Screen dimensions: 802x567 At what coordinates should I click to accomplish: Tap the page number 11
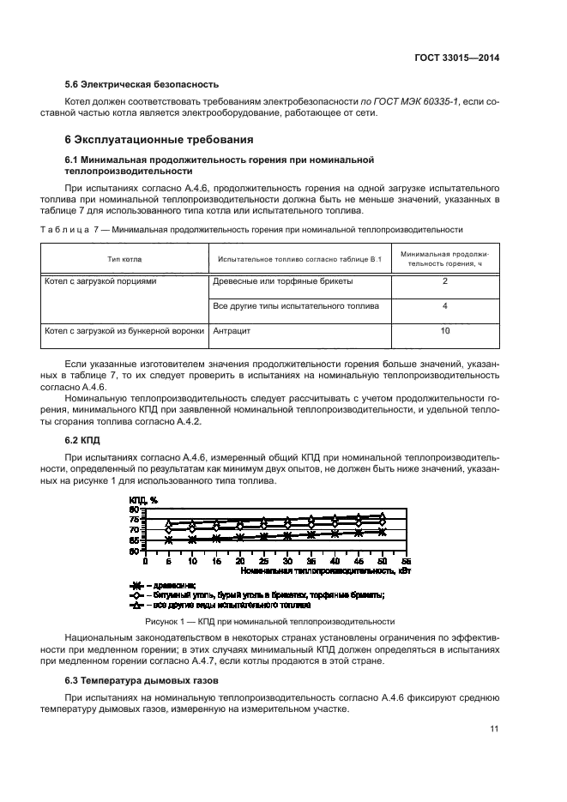coord(494,729)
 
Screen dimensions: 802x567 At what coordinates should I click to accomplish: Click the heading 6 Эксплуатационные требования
coord(159,139)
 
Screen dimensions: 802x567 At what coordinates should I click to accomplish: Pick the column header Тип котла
coord(124,258)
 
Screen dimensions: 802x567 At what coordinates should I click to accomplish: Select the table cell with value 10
coord(444,329)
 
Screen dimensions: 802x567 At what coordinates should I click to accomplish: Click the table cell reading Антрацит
coord(232,329)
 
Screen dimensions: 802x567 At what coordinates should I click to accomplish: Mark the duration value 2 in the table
coord(444,280)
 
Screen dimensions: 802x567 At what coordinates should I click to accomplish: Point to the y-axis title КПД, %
coord(143,500)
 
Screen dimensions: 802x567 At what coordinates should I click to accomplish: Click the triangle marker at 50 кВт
coord(383,516)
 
